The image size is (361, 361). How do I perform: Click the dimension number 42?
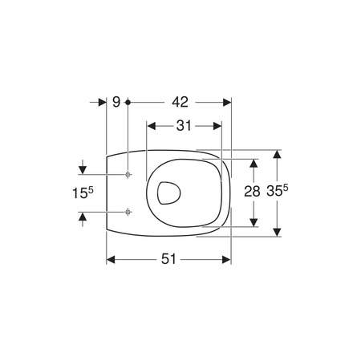tap(180, 102)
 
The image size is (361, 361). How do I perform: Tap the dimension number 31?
tap(184, 126)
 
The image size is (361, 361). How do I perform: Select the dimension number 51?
tap(168, 259)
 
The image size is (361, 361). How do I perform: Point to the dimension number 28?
tap(252, 192)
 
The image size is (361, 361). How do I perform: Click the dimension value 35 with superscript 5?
tap(278, 191)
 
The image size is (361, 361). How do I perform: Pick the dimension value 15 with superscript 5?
tap(83, 193)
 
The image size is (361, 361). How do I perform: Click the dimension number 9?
tap(116, 102)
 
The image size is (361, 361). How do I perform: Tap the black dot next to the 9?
tap(128, 102)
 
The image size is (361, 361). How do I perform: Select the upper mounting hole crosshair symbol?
tap(128, 175)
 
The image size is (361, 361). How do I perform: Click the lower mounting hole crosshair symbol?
tap(128, 212)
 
